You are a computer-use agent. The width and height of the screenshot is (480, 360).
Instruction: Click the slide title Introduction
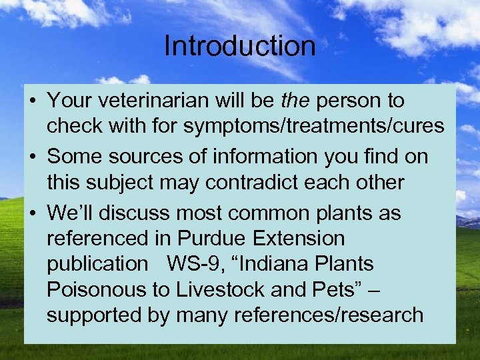(239, 46)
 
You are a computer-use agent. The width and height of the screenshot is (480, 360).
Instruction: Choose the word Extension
(301, 238)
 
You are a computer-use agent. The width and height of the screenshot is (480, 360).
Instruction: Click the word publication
(96, 263)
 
